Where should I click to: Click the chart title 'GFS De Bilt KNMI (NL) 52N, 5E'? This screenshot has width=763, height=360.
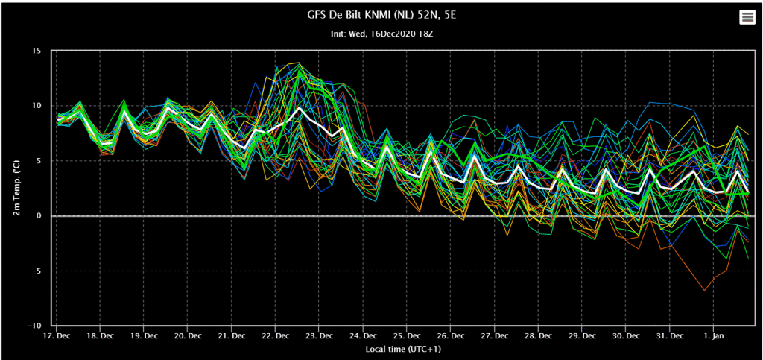(381, 16)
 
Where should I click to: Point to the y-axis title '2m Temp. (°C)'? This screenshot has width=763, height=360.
(17, 189)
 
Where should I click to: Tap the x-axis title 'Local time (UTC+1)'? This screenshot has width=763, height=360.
(403, 349)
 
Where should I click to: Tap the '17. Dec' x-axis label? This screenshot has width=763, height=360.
(56, 335)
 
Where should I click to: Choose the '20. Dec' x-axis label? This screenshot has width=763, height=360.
(188, 335)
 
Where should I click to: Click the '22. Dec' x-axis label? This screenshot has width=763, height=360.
(276, 335)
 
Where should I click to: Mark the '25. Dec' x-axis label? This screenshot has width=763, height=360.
(407, 335)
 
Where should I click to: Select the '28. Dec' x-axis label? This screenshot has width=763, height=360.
(538, 335)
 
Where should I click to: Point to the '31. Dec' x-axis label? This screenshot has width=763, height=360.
(670, 335)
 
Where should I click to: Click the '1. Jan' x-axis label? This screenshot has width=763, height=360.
(713, 335)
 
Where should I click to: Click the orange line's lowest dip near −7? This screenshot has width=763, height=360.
(703, 291)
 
